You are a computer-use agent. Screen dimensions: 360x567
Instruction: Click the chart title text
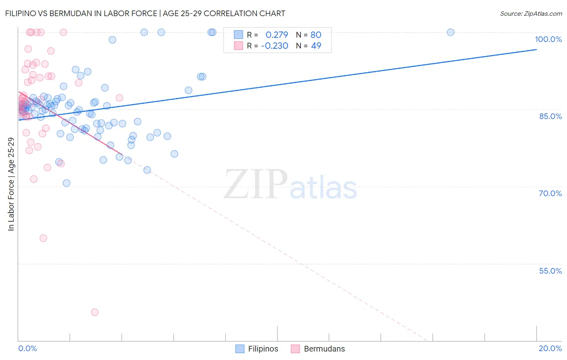tap(145, 13)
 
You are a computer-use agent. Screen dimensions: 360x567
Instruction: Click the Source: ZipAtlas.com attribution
tap(531, 13)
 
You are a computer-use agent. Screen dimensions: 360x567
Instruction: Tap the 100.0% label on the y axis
tap(548, 39)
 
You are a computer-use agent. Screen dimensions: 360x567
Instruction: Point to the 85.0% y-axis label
tap(550, 116)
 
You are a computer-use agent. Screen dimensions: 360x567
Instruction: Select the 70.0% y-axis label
tap(550, 193)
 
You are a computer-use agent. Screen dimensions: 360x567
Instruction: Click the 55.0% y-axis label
tap(550, 271)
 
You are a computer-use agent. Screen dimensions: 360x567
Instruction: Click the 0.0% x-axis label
tap(27, 348)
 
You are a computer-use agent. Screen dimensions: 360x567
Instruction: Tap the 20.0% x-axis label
tap(550, 348)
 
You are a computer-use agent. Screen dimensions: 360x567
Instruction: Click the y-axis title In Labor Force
tap(11, 184)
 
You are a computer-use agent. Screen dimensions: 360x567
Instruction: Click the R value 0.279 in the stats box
tap(277, 35)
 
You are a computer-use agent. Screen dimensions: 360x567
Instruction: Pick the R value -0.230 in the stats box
tap(274, 46)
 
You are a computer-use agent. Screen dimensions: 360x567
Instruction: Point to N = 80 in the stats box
tap(309, 35)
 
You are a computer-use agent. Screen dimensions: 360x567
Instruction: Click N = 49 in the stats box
tap(309, 46)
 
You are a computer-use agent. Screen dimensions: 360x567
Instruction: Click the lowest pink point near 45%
tap(95, 312)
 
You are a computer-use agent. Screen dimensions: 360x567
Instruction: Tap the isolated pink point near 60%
tap(43, 238)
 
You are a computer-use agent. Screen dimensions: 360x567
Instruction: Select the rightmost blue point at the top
tap(450, 32)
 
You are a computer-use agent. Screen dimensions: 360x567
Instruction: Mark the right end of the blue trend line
tap(536, 49)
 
